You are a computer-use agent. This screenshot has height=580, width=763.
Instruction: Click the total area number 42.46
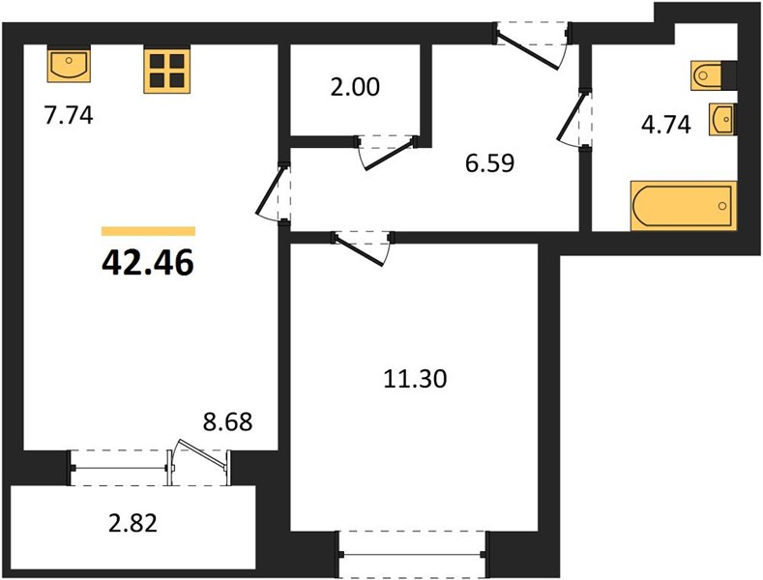pos(148,263)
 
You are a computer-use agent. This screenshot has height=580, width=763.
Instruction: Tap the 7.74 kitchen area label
pos(69,116)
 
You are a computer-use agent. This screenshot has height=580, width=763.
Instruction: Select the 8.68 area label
pos(227,421)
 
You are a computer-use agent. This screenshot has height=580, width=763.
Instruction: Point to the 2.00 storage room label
pos(355,88)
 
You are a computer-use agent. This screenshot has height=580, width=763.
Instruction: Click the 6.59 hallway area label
pos(489,163)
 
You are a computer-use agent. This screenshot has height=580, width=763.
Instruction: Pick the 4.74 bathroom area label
pos(665,125)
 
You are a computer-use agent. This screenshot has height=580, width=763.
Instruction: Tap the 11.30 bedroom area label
pos(415,379)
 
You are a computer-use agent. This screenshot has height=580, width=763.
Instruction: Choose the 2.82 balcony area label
pos(132,524)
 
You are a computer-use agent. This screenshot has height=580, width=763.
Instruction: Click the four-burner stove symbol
pos(167,70)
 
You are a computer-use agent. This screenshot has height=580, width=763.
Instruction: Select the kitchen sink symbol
pos(69,65)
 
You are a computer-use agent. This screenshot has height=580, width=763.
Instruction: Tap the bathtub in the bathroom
pos(684,206)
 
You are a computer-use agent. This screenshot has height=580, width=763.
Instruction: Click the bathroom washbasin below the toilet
pos(722,119)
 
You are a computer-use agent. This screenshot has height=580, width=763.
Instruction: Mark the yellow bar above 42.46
pos(148,231)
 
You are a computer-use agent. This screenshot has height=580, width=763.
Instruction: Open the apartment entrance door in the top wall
pos(531,46)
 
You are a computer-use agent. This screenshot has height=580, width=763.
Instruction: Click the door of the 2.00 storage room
pos(387,152)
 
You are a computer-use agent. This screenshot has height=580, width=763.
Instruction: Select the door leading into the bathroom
pos(574,118)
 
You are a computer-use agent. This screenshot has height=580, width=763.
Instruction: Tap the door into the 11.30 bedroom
pos(363,248)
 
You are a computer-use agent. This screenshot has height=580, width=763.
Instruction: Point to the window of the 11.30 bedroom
pos(413,554)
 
